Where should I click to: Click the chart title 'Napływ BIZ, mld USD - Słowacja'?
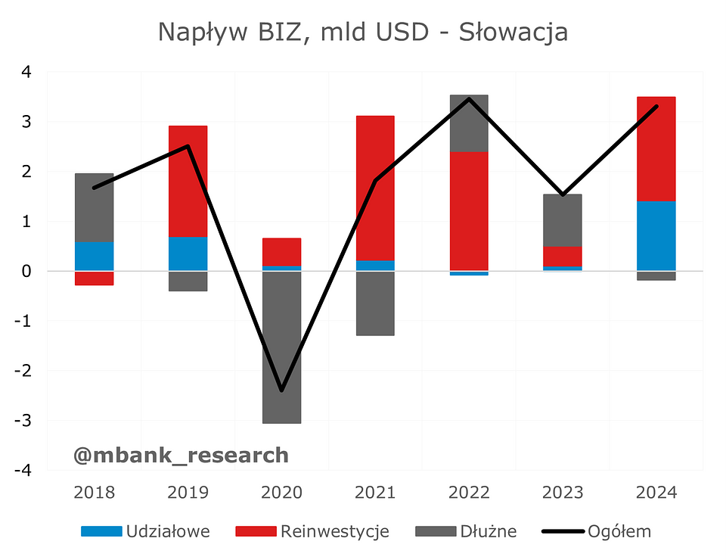(363, 32)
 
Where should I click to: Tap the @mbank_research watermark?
(181, 455)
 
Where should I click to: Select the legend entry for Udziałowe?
(145, 531)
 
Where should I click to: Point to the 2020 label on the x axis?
(281, 493)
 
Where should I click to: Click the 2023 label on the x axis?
(563, 493)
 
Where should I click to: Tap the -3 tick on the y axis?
(25, 421)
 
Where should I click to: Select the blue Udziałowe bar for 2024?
(656, 235)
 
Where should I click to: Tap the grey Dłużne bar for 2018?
(94, 207)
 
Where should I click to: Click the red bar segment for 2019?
(188, 182)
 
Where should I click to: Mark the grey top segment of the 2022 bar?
(469, 123)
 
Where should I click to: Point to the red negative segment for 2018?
(94, 278)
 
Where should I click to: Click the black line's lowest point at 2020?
(281, 390)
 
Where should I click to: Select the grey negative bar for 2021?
(375, 303)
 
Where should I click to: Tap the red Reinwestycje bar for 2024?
(656, 148)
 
